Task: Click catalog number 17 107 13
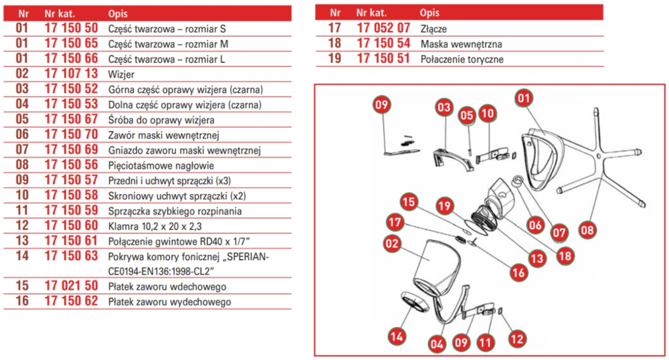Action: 71,74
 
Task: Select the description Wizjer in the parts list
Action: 121,74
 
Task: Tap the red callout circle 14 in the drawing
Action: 397,335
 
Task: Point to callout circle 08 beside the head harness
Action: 587,230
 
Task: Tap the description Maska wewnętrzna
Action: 461,44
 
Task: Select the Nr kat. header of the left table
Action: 60,13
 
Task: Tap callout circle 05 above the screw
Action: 467,114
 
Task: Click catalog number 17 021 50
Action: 71,286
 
